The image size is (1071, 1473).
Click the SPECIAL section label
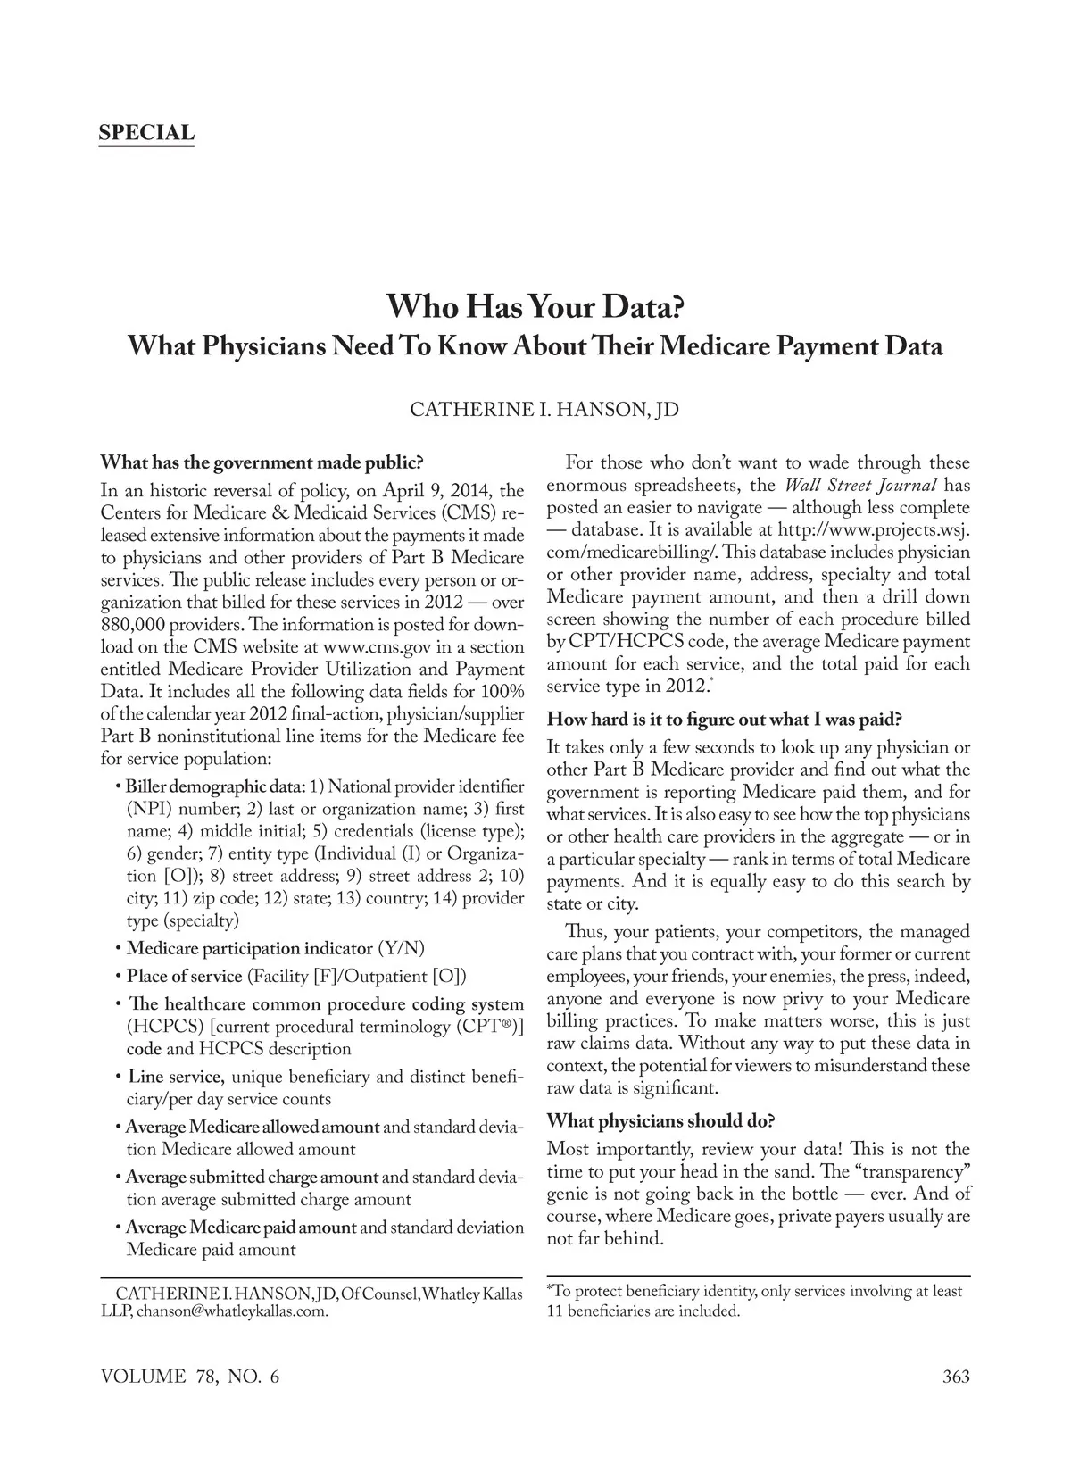click(146, 134)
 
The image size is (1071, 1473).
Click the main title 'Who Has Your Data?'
click(535, 307)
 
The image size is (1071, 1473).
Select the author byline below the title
click(544, 410)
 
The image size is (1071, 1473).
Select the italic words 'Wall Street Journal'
click(859, 486)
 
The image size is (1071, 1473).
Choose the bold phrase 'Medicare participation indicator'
click(249, 948)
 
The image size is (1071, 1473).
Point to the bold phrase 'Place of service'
click(184, 976)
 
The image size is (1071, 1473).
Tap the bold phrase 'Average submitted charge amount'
click(252, 1177)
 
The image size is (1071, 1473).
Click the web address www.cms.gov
click(370, 646)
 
